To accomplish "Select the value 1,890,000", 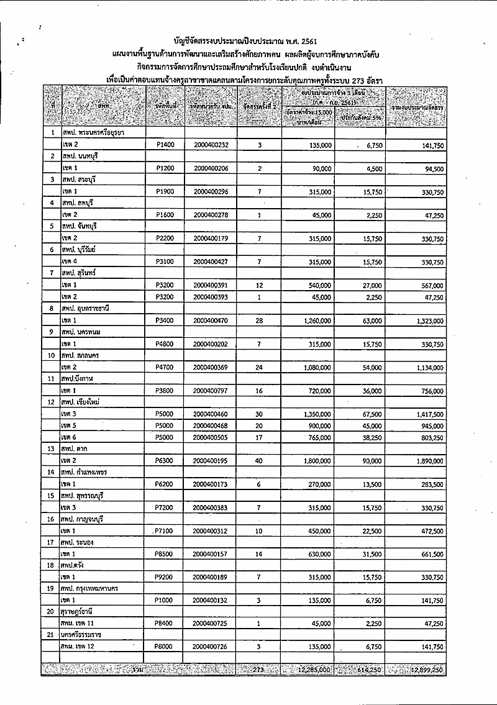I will (425, 461).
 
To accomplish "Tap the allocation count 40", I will (259, 461).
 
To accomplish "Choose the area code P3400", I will (164, 321).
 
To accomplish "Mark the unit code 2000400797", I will (211, 391).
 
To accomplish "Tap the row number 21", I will (52, 635).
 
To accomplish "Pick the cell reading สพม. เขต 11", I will (78, 624).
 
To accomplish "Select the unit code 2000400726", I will (211, 647).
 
